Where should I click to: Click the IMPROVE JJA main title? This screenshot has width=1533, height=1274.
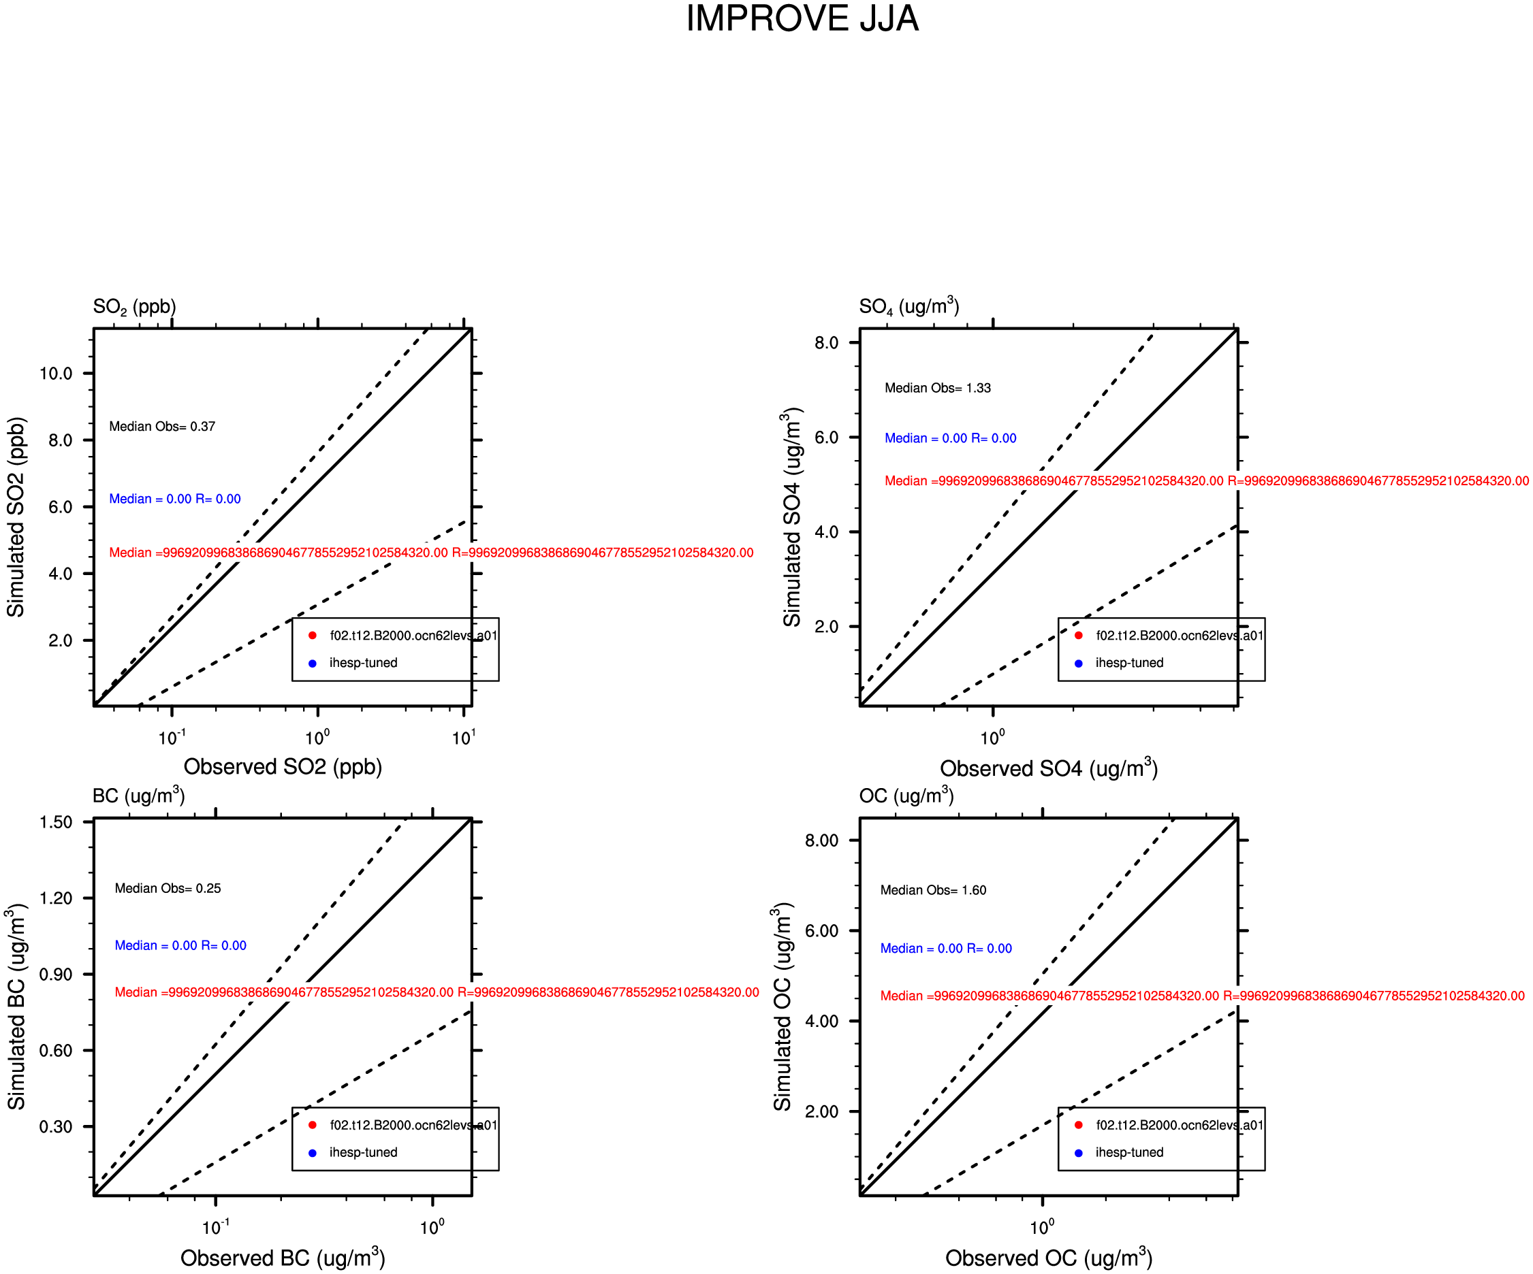[x=802, y=18]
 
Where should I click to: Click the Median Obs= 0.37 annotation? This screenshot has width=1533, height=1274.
[x=162, y=426]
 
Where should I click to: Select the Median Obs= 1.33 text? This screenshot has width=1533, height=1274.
[x=937, y=388]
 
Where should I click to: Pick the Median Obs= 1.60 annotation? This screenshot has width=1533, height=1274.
[x=933, y=890]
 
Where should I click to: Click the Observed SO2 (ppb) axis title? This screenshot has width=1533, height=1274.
[x=283, y=767]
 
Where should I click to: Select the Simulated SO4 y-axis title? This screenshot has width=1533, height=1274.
[x=792, y=517]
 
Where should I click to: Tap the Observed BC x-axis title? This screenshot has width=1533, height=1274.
[x=283, y=1257]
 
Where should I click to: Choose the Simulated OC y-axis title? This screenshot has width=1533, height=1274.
[x=783, y=1008]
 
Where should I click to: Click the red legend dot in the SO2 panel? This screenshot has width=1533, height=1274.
[x=313, y=636]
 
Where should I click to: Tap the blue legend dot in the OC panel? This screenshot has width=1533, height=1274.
[x=1078, y=1153]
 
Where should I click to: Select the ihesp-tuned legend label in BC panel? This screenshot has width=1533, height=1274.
[x=364, y=1152]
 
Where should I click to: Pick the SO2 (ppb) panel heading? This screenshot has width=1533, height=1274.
[x=134, y=306]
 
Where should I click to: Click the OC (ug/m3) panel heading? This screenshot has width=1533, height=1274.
[x=906, y=795]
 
